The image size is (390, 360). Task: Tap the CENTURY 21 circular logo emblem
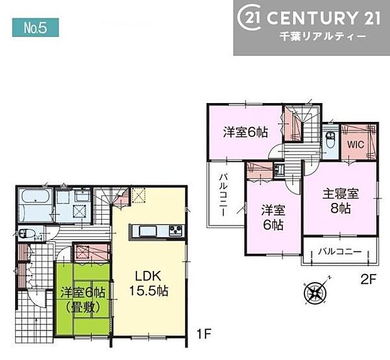(250, 18)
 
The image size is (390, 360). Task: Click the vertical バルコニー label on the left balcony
(223, 194)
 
